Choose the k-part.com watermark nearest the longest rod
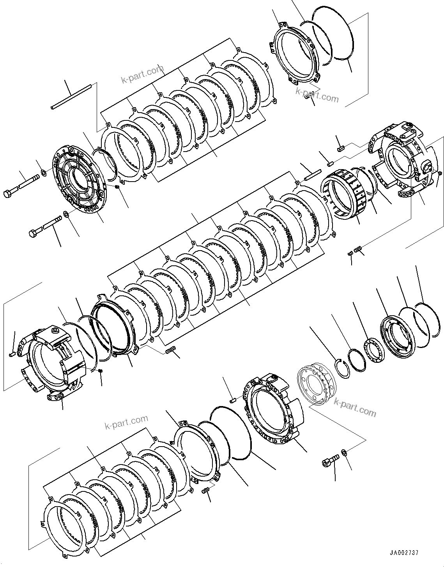pyautogui.click(x=142, y=74)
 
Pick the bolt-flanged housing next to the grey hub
pyautogui.click(x=273, y=409)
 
